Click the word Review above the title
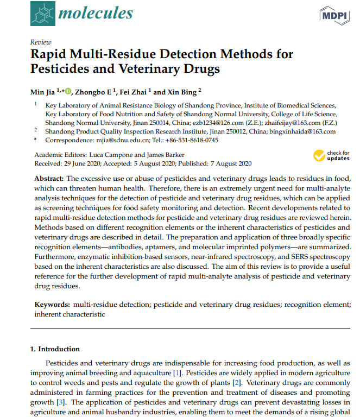tap(41, 42)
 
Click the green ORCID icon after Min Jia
tap(68, 91)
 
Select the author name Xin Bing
tap(183, 91)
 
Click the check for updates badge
tap(331, 156)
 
